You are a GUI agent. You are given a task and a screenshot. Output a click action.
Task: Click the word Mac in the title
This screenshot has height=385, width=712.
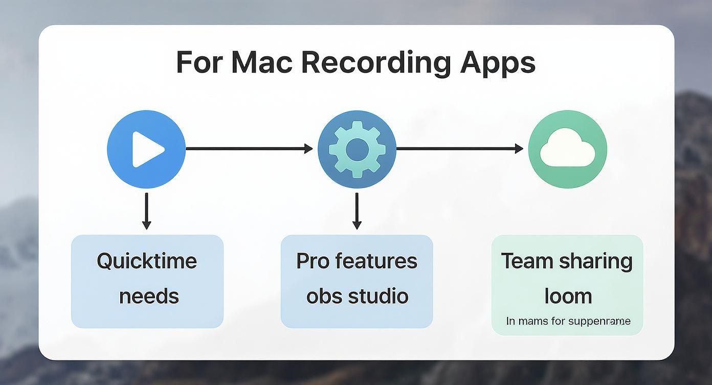click(x=261, y=62)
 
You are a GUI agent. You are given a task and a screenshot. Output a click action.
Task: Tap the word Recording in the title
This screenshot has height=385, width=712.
click(x=375, y=62)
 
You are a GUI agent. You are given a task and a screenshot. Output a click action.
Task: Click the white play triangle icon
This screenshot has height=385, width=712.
click(x=147, y=149)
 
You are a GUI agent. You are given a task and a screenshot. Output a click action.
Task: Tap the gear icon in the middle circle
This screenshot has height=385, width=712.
click(x=357, y=149)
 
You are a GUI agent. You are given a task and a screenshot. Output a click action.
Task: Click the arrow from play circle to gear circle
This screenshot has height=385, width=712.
click(x=249, y=149)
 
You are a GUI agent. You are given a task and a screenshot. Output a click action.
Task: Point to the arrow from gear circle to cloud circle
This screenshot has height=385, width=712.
click(x=460, y=149)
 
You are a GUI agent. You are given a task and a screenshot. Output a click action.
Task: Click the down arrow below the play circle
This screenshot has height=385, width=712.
click(x=147, y=211)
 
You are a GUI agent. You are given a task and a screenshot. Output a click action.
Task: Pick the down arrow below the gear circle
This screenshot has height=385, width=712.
click(x=357, y=211)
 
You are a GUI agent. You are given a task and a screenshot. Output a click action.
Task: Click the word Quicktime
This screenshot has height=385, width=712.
click(x=147, y=261)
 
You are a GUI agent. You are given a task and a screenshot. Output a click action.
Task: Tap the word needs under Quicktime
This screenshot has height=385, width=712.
click(x=149, y=296)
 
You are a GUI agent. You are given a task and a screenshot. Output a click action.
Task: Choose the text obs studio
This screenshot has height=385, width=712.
click(x=357, y=296)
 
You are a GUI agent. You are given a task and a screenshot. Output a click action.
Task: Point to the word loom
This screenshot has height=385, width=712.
click(x=568, y=296)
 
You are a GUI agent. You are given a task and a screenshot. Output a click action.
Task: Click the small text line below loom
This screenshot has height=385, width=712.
click(x=568, y=322)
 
